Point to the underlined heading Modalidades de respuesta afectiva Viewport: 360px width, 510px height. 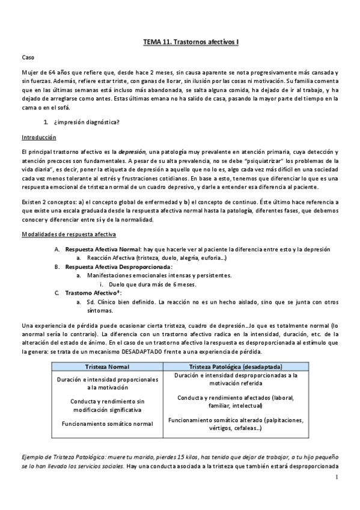[69, 233]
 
